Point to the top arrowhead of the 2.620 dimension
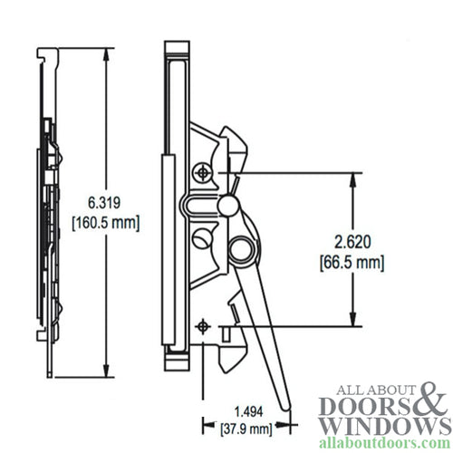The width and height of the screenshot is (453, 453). click(350, 178)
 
